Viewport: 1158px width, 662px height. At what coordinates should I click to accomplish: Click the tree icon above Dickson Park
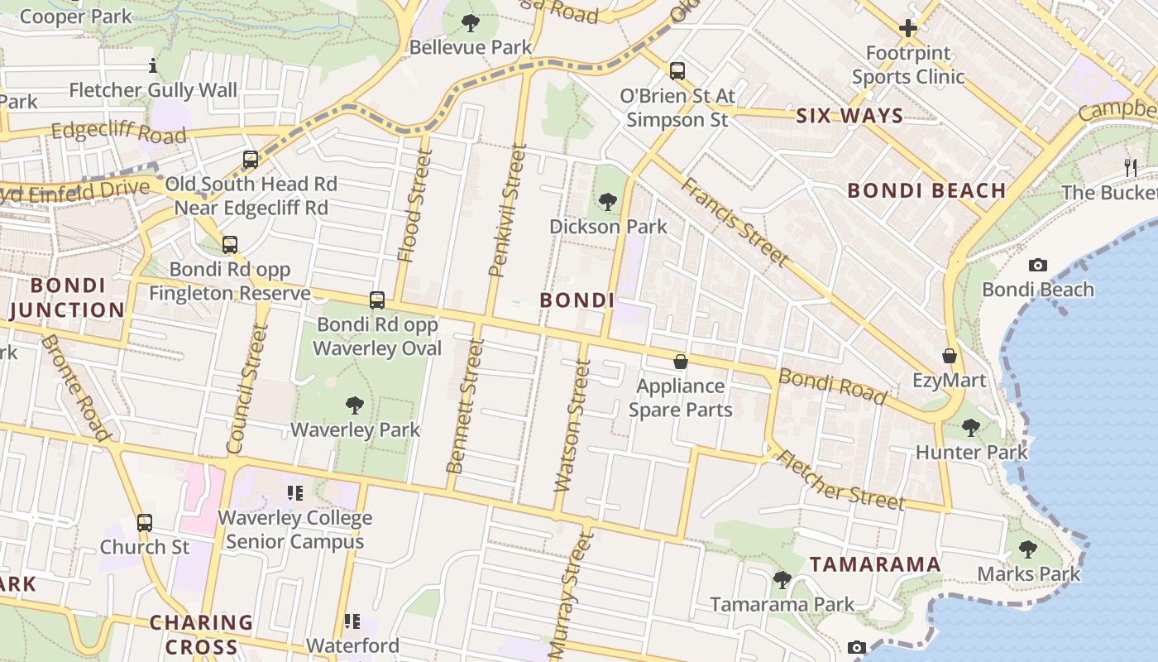pos(607,201)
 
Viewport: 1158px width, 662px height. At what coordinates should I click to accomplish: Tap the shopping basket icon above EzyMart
pos(950,356)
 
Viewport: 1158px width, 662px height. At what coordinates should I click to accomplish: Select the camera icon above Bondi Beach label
pos(1037,265)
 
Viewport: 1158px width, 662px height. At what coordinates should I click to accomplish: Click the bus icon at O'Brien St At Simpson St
pos(677,71)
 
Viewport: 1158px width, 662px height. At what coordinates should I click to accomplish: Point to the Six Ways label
pos(849,116)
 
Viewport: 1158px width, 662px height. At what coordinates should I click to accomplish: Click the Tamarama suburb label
pos(875,564)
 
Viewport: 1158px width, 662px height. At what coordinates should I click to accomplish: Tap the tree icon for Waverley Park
pos(355,405)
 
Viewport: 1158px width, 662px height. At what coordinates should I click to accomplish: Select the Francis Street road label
pos(733,221)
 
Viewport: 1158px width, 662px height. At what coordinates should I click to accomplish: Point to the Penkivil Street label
pos(508,210)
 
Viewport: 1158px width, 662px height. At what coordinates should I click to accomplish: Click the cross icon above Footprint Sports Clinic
pos(908,29)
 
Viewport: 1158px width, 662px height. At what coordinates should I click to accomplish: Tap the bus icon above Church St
pos(145,523)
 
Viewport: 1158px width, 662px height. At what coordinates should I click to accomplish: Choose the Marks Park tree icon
pos(1028,549)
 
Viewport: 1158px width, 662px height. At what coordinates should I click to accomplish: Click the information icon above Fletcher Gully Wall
pos(153,65)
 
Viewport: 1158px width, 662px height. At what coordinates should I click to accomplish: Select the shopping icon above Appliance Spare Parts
pos(680,362)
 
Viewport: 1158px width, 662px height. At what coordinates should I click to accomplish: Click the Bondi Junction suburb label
pos(68,298)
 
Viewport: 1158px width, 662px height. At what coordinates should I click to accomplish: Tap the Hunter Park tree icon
pos(971,428)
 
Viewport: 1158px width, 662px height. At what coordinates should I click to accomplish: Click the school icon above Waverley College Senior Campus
pos(294,493)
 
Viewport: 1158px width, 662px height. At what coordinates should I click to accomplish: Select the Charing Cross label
pos(201,634)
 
